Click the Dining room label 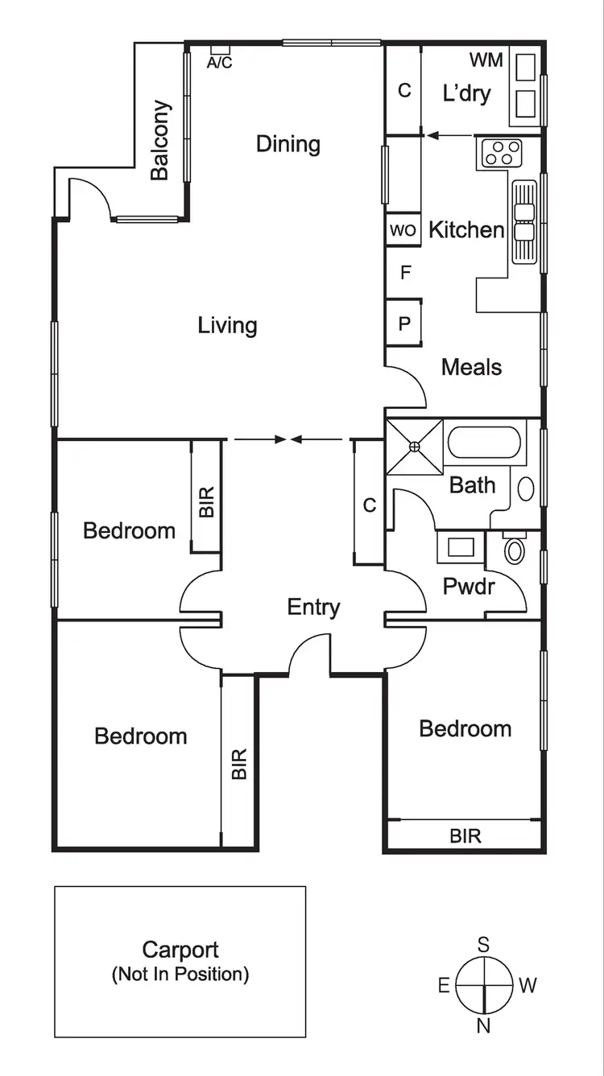click(288, 144)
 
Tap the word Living click(228, 325)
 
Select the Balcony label click(162, 140)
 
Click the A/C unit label click(219, 63)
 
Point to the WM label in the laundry click(486, 60)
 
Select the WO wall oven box click(403, 231)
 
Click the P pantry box click(404, 324)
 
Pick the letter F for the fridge click(405, 273)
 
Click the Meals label click(471, 367)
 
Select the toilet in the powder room click(514, 550)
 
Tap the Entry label click(313, 607)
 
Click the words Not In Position click(180, 975)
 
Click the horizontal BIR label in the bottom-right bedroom click(465, 835)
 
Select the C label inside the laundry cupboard click(404, 90)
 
